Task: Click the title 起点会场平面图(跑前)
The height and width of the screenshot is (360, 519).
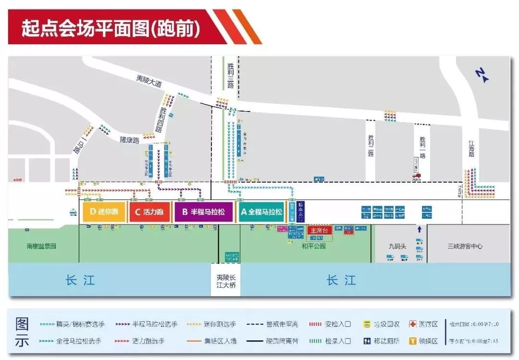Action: [x=110, y=28]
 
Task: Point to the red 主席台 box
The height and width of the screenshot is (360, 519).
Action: [x=320, y=231]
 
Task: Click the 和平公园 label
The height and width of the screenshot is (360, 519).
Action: [x=314, y=246]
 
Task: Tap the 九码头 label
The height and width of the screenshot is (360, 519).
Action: [x=397, y=246]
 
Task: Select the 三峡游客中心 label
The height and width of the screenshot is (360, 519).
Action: [x=465, y=246]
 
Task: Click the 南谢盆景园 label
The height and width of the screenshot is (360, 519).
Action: [x=41, y=246]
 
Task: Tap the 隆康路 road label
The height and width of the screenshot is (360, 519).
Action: [x=129, y=140]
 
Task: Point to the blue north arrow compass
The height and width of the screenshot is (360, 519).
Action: [x=481, y=75]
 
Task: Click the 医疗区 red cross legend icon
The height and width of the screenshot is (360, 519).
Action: [x=412, y=324]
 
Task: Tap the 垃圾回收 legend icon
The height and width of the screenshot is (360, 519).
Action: [x=367, y=324]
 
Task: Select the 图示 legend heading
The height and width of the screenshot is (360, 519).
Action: [x=22, y=332]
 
